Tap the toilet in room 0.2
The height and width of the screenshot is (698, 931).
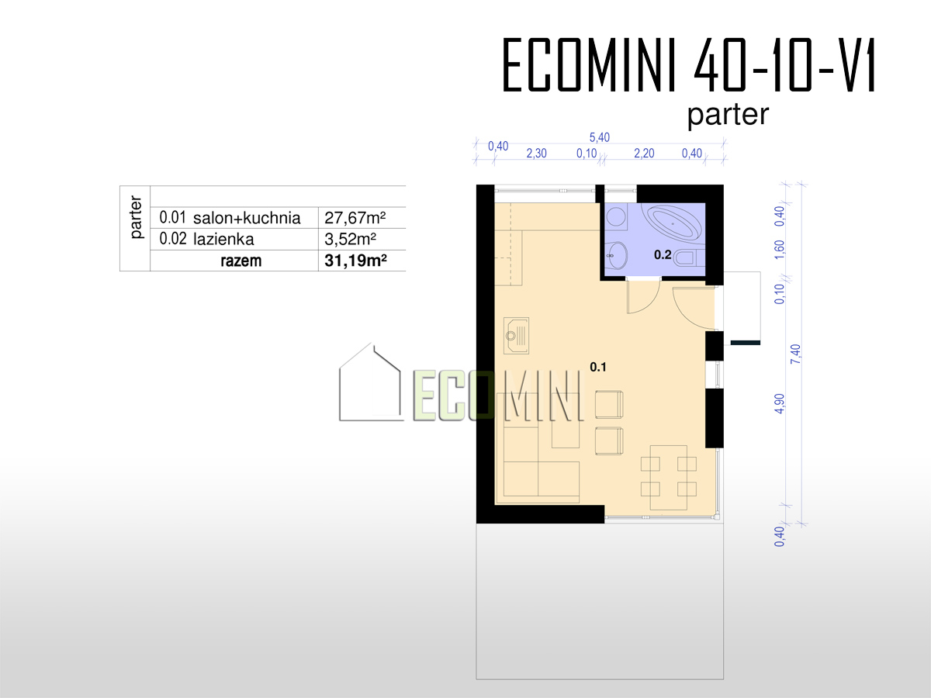(x=689, y=257)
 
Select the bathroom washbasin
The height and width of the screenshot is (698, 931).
(x=616, y=255)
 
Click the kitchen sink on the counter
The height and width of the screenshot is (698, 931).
(x=516, y=336)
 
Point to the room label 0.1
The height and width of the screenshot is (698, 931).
(x=598, y=367)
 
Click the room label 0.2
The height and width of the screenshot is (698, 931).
(x=663, y=254)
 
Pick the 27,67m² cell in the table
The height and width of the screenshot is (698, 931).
(x=355, y=218)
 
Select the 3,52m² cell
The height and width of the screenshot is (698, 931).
(x=351, y=240)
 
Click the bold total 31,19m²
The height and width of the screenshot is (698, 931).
(x=355, y=261)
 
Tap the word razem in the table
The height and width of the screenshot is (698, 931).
(x=241, y=261)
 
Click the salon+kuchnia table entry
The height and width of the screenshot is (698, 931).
(x=247, y=218)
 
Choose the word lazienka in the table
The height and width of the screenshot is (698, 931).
(x=223, y=240)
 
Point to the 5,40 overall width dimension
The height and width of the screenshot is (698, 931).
(x=599, y=137)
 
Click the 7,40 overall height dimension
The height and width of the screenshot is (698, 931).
(x=796, y=354)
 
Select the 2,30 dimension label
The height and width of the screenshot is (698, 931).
(x=537, y=154)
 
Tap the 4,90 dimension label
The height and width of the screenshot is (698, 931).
(x=780, y=403)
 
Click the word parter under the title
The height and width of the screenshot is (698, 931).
(x=728, y=115)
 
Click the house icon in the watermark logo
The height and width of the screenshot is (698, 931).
(x=370, y=382)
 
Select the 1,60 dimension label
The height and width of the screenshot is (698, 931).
(x=780, y=250)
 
